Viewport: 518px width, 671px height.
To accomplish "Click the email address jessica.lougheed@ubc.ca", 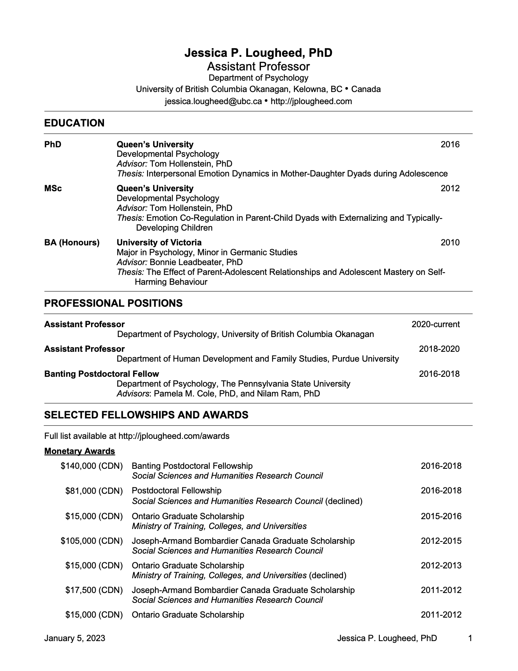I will [213, 101].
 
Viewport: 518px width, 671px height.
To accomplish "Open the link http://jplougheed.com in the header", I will [311, 101].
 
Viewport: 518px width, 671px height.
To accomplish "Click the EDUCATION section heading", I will [74, 123].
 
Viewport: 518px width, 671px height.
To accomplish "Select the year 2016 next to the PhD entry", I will [450, 144].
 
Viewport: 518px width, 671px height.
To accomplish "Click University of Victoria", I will [159, 242].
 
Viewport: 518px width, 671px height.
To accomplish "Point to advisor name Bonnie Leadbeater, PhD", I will [196, 262].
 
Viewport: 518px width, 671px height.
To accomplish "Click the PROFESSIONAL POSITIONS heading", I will [113, 303].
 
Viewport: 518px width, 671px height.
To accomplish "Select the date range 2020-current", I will [436, 324].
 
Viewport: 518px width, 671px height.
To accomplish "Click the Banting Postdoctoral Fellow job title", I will [101, 374].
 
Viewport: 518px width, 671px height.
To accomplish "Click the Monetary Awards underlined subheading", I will [79, 451].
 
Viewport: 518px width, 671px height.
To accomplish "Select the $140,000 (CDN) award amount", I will [92, 466].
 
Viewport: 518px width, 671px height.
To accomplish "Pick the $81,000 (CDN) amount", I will [94, 491].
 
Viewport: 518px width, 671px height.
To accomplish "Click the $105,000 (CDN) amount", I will [92, 541].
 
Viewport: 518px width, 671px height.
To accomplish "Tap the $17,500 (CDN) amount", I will [94, 590].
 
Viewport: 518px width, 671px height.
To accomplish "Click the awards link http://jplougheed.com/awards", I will [174, 436].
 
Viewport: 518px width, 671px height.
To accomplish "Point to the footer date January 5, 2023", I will [74, 638].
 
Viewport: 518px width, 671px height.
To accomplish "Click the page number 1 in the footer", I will [470, 638].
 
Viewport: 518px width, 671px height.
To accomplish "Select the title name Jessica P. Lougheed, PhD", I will [258, 53].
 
